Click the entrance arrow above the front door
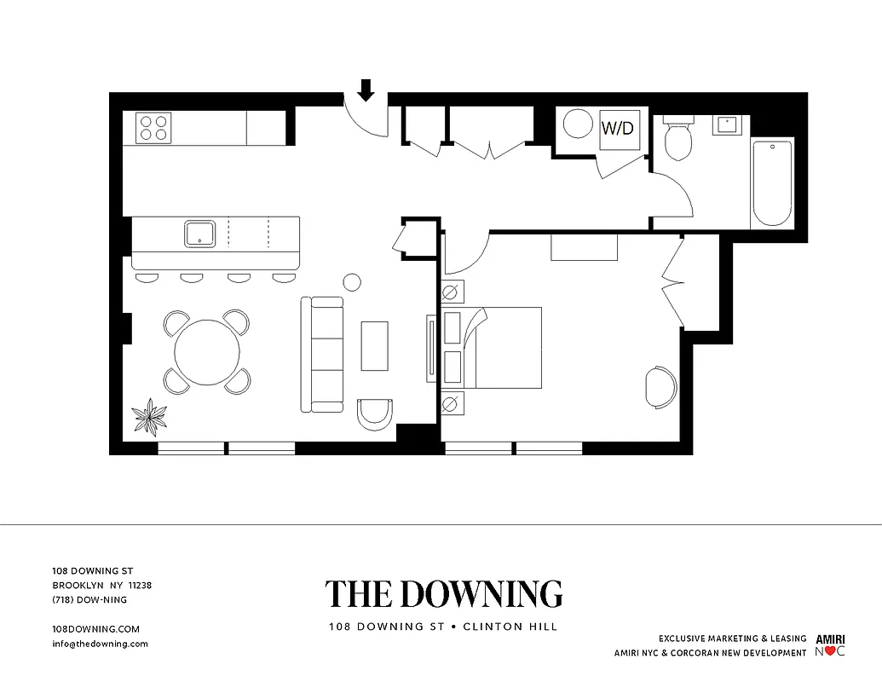click(366, 90)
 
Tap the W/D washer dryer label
click(618, 129)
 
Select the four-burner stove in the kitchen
click(153, 128)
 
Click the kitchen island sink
click(199, 233)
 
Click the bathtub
click(772, 183)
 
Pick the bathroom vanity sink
click(726, 124)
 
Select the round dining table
click(207, 352)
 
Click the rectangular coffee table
click(374, 345)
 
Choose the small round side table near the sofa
click(352, 282)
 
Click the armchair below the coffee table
click(375, 414)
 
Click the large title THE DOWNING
click(443, 594)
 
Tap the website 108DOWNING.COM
click(95, 629)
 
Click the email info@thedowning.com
click(101, 644)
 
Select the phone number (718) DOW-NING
click(89, 599)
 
